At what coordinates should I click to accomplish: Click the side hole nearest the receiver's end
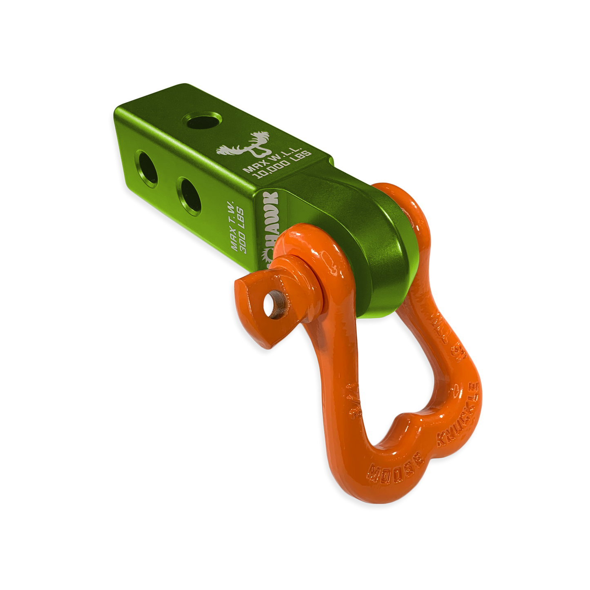[145, 168]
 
